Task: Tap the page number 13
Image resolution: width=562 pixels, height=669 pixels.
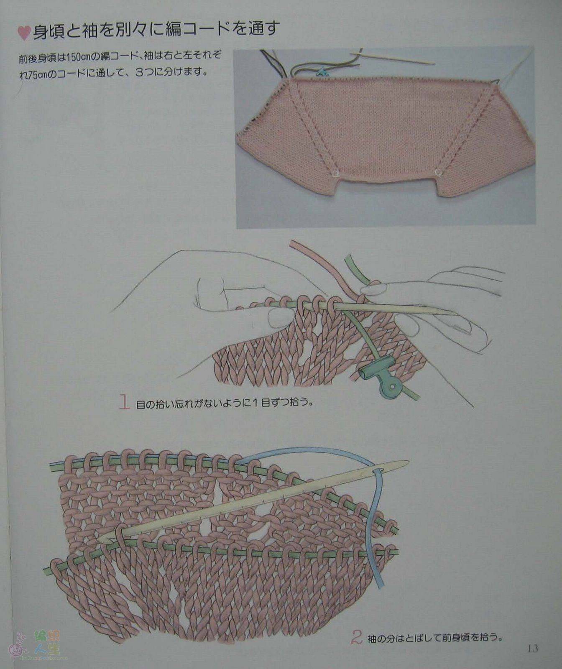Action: coord(532,649)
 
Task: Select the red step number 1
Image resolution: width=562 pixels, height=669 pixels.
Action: coord(125,401)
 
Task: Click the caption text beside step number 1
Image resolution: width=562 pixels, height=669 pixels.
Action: coord(225,404)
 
